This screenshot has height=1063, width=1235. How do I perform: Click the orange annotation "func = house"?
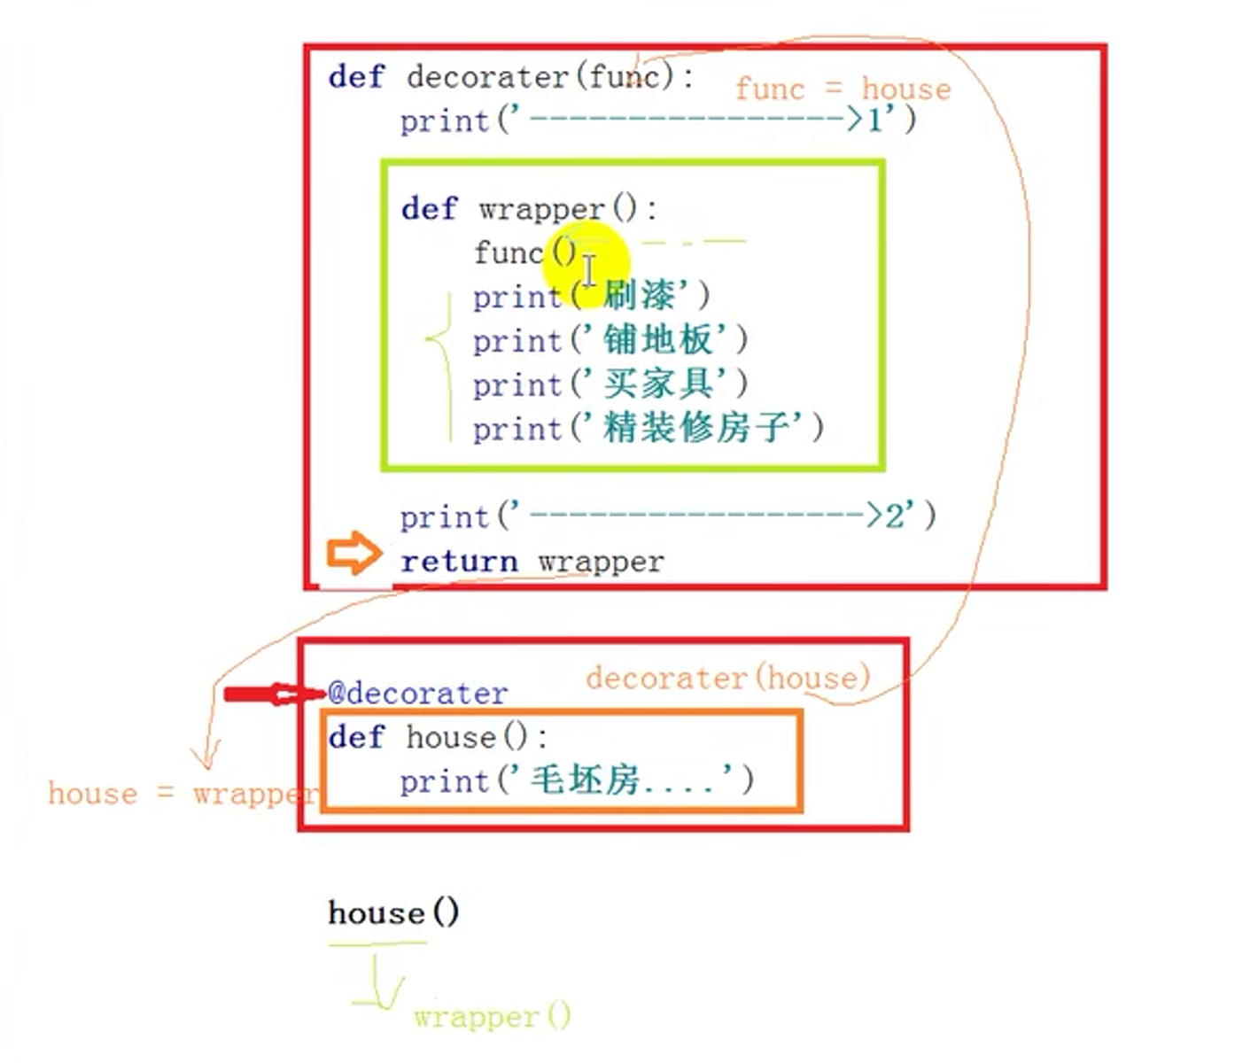coord(843,89)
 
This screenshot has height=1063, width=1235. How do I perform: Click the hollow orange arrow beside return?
coord(353,555)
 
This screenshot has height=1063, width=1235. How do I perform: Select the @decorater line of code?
coord(417,693)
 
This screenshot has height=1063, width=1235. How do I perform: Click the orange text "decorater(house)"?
coord(727,679)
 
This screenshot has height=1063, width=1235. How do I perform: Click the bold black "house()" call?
coord(393,912)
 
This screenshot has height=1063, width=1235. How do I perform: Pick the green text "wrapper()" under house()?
coord(492,1016)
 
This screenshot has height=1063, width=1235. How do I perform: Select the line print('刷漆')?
coord(591,297)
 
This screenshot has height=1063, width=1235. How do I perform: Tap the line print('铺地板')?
coord(610,341)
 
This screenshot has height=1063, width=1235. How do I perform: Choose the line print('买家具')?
coord(610,385)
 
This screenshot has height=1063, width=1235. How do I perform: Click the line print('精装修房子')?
coord(648,430)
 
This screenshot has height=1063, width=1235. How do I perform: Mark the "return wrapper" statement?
coord(532,562)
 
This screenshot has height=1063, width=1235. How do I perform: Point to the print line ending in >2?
coord(667,516)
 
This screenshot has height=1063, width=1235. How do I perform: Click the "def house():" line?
coord(438,737)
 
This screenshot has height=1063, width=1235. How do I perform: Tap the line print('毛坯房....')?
coord(576,780)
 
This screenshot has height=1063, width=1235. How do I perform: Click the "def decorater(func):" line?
coord(511,77)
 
